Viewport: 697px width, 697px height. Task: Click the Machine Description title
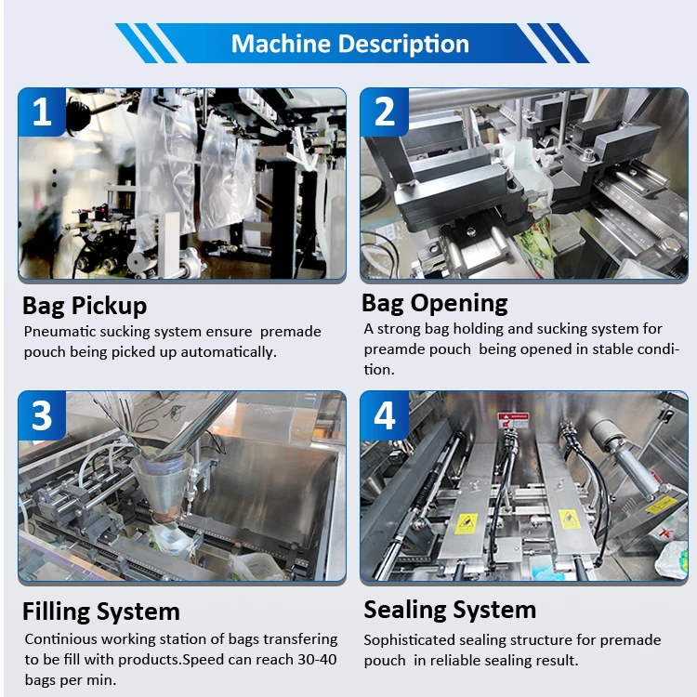tap(349, 44)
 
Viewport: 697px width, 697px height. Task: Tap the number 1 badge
tap(42, 112)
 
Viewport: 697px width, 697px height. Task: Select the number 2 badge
tap(385, 112)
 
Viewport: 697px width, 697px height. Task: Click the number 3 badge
tap(42, 415)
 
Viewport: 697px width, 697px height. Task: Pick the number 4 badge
tap(385, 415)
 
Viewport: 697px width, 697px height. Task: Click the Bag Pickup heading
tap(85, 306)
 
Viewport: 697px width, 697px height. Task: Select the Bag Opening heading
tap(434, 303)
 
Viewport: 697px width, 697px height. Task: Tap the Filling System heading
tap(101, 612)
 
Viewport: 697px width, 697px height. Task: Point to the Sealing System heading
tap(450, 610)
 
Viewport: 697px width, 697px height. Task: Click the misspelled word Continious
tap(59, 639)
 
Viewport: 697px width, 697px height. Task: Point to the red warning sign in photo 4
tap(512, 419)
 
